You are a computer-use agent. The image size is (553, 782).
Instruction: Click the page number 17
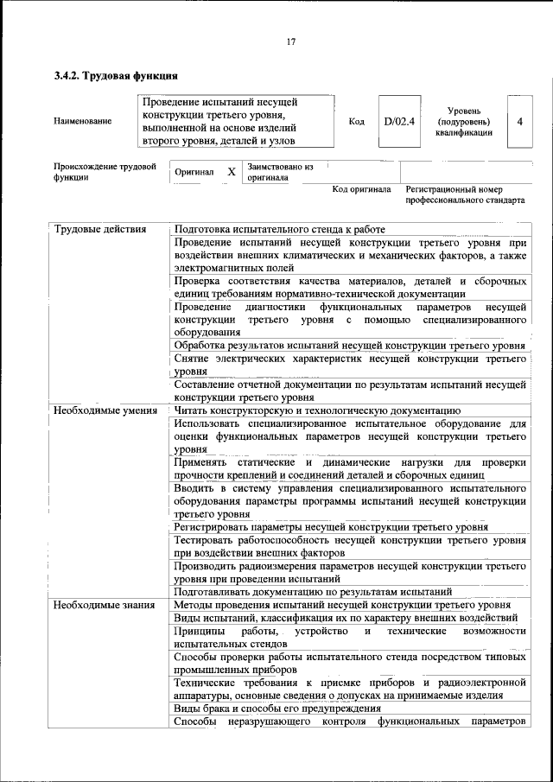(x=290, y=41)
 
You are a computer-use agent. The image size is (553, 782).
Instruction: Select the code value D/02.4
(x=399, y=122)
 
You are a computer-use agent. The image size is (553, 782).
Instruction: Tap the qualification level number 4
(x=519, y=122)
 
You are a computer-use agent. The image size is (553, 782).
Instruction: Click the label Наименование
(x=83, y=122)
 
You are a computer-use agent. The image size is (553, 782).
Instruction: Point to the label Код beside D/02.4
(x=356, y=122)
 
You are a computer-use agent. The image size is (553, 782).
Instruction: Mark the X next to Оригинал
(x=232, y=172)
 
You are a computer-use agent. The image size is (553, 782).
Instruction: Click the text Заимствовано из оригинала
(x=279, y=172)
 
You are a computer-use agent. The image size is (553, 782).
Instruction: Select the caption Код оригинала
(x=362, y=189)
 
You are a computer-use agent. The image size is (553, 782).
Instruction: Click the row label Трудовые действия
(x=100, y=230)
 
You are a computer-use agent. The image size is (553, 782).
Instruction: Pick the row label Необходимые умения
(x=105, y=410)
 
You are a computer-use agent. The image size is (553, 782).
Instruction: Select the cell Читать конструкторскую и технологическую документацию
(x=317, y=410)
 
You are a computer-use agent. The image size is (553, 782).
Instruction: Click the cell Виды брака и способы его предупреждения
(x=277, y=709)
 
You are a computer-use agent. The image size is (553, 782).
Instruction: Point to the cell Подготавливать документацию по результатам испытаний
(x=313, y=592)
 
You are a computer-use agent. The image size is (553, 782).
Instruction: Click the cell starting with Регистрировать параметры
(x=330, y=527)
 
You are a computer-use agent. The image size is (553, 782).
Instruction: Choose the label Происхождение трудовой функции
(x=105, y=170)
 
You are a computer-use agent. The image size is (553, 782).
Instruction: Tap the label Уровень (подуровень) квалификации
(x=464, y=122)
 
